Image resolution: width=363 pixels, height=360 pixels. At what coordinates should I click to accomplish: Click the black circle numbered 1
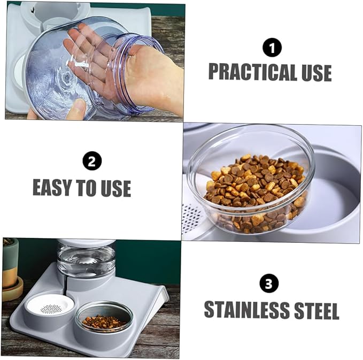click(x=272, y=48)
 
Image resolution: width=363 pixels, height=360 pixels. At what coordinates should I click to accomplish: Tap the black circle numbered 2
click(x=92, y=160)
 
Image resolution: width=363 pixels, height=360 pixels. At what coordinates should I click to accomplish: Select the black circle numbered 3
click(x=269, y=284)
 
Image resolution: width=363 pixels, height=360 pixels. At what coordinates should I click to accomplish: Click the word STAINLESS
click(x=247, y=310)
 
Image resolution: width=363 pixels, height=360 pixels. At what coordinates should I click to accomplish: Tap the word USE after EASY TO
click(x=116, y=188)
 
